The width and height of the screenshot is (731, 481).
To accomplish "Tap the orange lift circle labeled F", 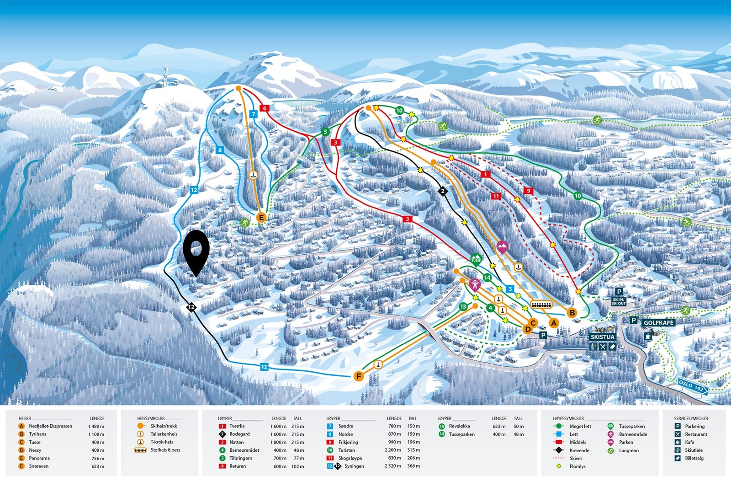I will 359,376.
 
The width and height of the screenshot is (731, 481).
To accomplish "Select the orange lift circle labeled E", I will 261,218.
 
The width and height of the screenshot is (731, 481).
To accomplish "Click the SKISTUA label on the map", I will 603,337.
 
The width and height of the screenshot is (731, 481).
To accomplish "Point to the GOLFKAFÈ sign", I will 658,323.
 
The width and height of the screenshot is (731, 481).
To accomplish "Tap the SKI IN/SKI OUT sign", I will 618,302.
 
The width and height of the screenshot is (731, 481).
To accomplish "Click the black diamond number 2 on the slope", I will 442,191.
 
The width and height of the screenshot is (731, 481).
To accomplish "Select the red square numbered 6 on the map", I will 264,108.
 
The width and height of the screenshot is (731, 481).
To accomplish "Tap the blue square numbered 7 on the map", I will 254,114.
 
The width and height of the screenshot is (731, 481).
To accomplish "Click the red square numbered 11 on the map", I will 496,196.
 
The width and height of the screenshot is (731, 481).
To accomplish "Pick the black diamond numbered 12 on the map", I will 191,307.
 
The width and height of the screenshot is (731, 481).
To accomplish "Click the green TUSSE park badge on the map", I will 476,260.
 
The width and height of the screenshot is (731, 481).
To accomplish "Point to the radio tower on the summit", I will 164,75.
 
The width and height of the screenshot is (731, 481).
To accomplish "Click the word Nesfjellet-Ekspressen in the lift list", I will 50,426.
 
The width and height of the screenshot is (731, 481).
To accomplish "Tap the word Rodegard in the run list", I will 239,434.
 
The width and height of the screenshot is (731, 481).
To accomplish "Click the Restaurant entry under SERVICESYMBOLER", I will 695,434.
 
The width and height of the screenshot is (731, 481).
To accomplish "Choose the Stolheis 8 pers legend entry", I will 165,450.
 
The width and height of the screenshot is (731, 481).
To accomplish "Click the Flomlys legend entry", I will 577,466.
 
